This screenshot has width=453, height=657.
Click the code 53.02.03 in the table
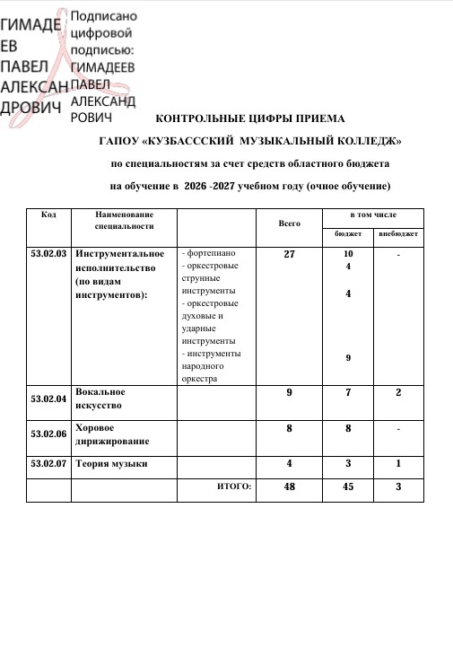[49, 255]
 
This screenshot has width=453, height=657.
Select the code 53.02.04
[49, 397]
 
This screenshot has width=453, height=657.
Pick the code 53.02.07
[49, 464]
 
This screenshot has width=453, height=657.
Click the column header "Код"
[49, 215]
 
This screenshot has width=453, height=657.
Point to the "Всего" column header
[289, 222]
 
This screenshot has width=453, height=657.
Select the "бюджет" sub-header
[348, 234]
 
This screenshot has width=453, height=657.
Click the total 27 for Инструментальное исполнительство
[289, 255]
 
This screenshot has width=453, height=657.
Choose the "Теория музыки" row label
[111, 464]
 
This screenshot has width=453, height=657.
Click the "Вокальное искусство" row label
[100, 398]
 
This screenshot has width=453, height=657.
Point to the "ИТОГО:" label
[235, 486]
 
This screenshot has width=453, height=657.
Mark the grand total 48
[289, 486]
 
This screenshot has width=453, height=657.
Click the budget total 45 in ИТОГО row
[348, 486]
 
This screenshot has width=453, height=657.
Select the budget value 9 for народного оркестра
[348, 358]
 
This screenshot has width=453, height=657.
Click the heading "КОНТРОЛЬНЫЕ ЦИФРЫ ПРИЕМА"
[249, 118]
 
